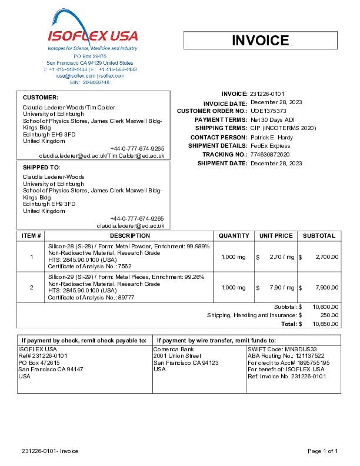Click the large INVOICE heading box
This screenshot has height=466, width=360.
[260, 40]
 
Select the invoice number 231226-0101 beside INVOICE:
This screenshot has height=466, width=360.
[267, 94]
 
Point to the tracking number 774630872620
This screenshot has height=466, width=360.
[270, 154]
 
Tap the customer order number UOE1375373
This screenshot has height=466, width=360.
[268, 111]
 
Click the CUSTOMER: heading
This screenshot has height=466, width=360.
[40, 97]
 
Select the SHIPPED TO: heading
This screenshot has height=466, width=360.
[41, 167]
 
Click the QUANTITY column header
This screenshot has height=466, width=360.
[234, 235]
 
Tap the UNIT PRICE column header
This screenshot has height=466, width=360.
[275, 235]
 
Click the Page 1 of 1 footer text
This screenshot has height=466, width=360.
[322, 451]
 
